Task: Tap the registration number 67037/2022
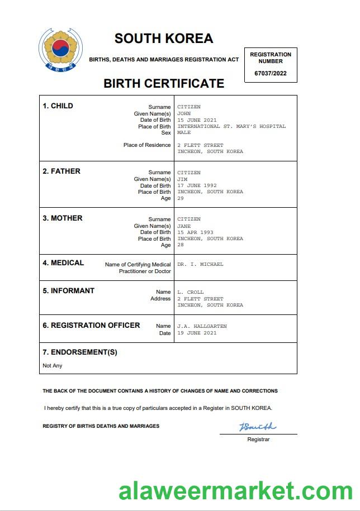(270, 73)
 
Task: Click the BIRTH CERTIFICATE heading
(164, 84)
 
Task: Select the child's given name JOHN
(184, 113)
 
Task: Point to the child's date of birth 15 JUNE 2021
(197, 120)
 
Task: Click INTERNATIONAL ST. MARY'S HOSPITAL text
(231, 126)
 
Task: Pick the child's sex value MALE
(184, 133)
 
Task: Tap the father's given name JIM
(182, 179)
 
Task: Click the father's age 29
(181, 198)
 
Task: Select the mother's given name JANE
(184, 226)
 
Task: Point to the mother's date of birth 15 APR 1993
(195, 232)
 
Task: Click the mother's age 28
(181, 245)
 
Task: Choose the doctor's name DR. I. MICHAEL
(200, 264)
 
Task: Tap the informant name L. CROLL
(191, 292)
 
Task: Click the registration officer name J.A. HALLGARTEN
(202, 326)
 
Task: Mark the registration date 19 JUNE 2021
(197, 333)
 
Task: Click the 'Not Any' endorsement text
(53, 366)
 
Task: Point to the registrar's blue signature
(258, 427)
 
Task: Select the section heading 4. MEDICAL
(63, 263)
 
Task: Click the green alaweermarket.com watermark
(235, 491)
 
